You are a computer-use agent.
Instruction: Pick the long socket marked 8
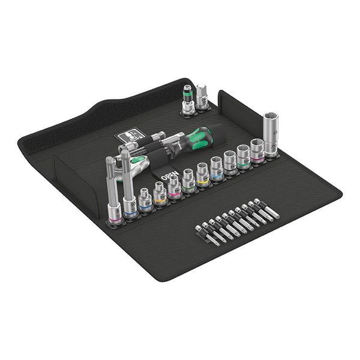(112, 192)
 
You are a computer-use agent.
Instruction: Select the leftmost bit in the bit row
(200, 231)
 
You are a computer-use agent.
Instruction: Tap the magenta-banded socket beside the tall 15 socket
(257, 151)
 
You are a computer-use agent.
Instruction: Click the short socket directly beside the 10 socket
(145, 200)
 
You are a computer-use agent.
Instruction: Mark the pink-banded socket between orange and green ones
(175, 187)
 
